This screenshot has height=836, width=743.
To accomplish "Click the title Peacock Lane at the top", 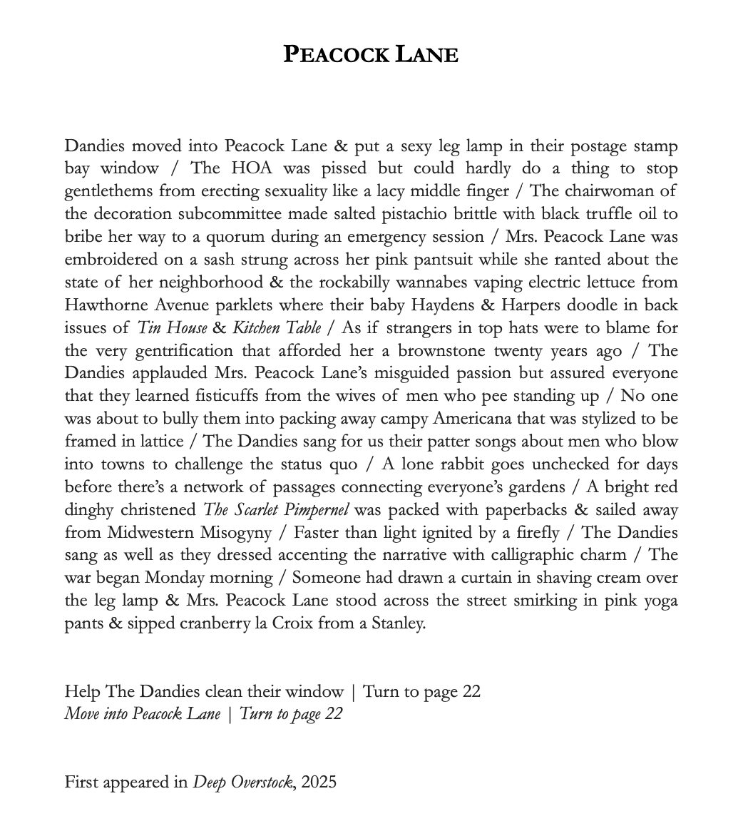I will (371, 55).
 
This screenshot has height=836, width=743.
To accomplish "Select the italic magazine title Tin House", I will (173, 328).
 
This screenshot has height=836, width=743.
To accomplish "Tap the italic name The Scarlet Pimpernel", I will (276, 510).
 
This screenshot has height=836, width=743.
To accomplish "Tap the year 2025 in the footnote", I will (318, 783).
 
